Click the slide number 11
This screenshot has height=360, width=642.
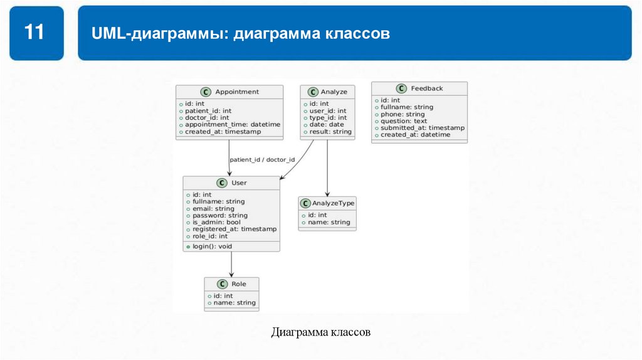pos(35,32)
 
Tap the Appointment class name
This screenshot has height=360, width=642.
pos(236,92)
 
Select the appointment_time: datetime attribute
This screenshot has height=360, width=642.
pos(233,124)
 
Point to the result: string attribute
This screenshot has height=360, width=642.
pos(330,132)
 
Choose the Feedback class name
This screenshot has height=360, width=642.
pos(426,88)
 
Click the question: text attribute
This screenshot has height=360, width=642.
pos(404,121)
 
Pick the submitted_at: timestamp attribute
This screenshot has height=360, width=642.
pos(423,128)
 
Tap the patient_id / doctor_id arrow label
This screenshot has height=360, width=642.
pos(262,160)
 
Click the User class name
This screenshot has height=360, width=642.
pos(239,183)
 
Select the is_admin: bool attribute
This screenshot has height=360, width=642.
pos(216,222)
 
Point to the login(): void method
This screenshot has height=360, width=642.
pos(212,246)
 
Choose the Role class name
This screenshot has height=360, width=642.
pos(238,284)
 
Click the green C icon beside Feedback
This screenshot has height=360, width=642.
pos(402,88)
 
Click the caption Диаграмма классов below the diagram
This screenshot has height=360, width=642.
pos(320,332)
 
